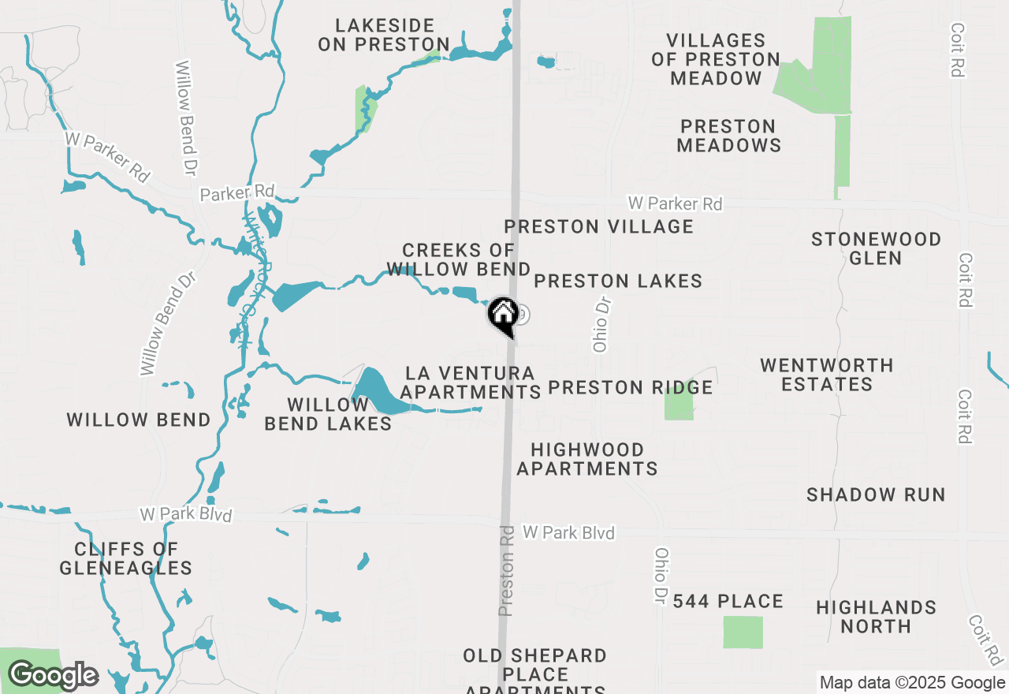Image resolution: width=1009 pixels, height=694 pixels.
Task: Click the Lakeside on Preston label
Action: point(384,35)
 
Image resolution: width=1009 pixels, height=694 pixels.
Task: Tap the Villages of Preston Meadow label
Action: point(716,59)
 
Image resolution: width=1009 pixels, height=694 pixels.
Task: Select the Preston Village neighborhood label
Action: point(599,226)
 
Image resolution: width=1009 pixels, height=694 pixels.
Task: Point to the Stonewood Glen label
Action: point(876,248)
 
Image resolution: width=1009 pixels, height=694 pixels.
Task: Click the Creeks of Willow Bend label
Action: point(458,261)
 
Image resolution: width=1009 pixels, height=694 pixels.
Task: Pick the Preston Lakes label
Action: point(618,281)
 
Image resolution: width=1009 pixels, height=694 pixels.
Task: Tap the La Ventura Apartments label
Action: point(470,382)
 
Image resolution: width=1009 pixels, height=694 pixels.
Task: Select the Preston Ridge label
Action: point(630,387)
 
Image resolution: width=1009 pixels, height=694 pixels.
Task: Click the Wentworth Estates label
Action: point(827,375)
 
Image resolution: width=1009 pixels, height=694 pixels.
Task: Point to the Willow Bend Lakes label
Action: point(328,414)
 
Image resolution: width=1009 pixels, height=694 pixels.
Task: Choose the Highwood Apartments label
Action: point(587,459)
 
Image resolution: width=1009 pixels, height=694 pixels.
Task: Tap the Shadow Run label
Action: point(876,494)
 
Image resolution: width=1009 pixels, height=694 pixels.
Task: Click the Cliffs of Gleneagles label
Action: point(126,558)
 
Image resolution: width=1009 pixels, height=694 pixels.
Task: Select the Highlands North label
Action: point(876,617)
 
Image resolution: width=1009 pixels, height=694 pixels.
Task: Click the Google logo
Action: point(53,676)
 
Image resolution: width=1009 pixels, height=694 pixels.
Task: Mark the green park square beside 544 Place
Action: point(743,632)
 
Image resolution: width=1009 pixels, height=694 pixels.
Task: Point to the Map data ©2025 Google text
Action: point(912,683)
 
